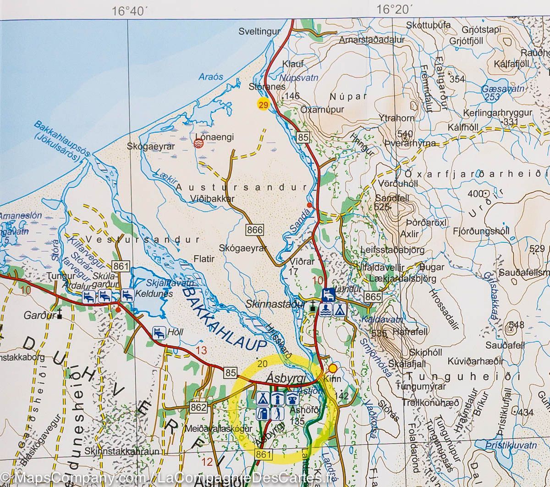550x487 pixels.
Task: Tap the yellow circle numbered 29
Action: (x=263, y=105)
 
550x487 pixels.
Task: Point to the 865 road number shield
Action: (x=374, y=297)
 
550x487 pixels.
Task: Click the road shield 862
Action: (x=199, y=407)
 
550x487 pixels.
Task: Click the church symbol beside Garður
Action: (x=59, y=316)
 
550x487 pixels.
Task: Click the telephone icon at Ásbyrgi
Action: (x=291, y=398)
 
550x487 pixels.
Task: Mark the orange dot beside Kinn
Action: (x=333, y=368)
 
